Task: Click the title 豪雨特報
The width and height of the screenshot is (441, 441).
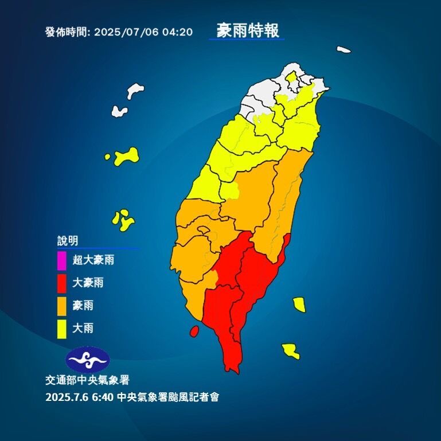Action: click(x=248, y=30)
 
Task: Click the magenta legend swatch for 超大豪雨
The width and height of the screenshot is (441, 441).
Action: click(x=62, y=260)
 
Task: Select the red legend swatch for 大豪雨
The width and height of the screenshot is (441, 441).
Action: click(x=62, y=283)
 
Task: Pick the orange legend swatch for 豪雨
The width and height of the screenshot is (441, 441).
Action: click(x=62, y=306)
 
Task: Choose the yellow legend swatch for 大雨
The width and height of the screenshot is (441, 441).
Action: click(x=62, y=329)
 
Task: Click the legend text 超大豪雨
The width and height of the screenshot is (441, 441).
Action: click(x=93, y=260)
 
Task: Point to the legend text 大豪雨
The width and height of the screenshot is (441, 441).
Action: click(x=88, y=283)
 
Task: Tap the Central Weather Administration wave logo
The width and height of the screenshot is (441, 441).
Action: click(x=87, y=360)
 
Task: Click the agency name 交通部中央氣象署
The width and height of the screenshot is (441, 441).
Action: click(x=79, y=380)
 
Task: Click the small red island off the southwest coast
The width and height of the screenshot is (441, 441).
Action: click(x=194, y=331)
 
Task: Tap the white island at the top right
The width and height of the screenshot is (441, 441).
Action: click(x=344, y=50)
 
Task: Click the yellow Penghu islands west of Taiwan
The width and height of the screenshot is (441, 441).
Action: click(x=123, y=220)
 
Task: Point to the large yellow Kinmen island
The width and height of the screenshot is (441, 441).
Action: click(x=127, y=156)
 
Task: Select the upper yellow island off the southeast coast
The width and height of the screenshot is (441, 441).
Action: click(x=299, y=304)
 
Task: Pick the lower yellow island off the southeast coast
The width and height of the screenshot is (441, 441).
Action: click(x=291, y=350)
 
